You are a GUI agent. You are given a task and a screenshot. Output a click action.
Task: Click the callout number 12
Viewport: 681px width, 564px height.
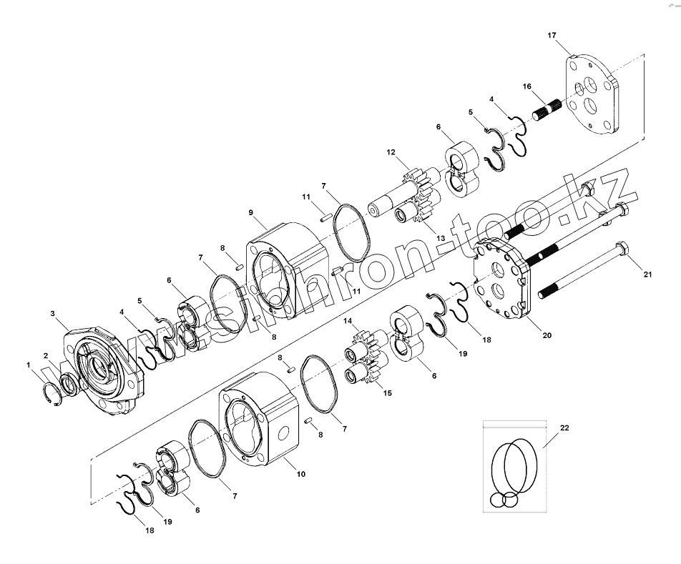pos(391,152)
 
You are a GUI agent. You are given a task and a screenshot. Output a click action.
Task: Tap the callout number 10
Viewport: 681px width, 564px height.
pos(300,474)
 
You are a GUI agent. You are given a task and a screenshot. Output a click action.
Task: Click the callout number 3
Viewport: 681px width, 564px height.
pos(53,312)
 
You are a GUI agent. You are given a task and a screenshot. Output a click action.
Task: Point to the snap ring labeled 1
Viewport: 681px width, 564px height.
pos(52,394)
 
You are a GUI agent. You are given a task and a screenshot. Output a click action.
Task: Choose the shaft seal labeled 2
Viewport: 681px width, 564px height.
pos(71,385)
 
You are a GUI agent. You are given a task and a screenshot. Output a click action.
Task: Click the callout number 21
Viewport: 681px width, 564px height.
pos(647,274)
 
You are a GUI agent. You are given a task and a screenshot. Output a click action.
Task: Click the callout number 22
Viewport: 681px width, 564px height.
pos(565,427)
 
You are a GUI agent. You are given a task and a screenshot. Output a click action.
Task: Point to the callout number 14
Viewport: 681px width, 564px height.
pos(348,320)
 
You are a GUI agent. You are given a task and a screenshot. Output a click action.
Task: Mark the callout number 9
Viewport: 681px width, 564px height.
pos(251,212)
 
